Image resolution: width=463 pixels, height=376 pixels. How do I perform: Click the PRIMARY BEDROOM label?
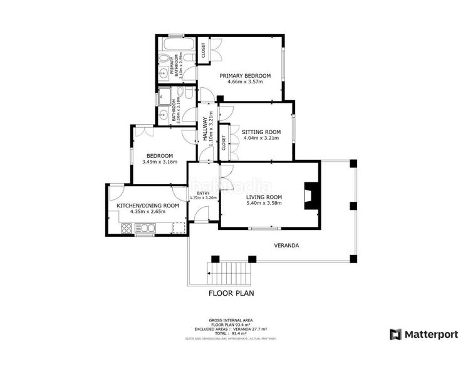(x=241, y=76)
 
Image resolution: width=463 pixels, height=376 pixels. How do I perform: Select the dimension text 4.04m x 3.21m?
(x=261, y=139)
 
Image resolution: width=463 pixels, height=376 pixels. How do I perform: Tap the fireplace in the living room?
(x=310, y=196)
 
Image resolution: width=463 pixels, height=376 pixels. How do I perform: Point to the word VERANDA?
(x=286, y=245)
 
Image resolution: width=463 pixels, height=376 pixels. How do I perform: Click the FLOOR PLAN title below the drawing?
(x=231, y=293)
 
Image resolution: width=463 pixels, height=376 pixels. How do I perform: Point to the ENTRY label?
(x=203, y=193)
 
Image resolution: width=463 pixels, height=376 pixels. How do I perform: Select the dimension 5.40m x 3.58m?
(x=264, y=203)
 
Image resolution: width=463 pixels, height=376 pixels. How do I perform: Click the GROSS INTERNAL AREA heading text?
(x=231, y=319)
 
